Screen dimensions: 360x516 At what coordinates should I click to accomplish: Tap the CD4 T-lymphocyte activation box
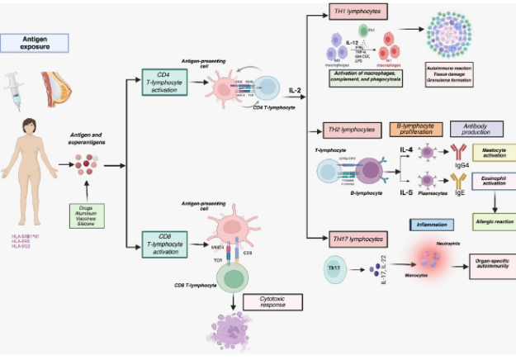point(166,82)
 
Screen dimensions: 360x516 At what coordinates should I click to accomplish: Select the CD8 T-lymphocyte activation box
point(166,244)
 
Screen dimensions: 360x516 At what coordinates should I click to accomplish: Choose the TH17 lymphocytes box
point(357,239)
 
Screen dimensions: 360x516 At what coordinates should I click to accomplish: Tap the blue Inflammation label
point(433,225)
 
